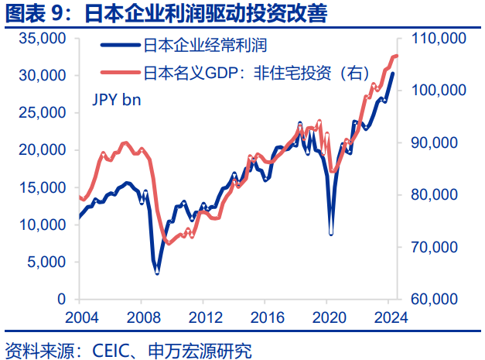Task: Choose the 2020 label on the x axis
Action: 325,317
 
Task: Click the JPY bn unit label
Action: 117,99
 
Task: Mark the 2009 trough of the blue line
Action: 157,272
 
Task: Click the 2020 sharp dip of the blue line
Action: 331,233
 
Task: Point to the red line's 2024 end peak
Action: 394,56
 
